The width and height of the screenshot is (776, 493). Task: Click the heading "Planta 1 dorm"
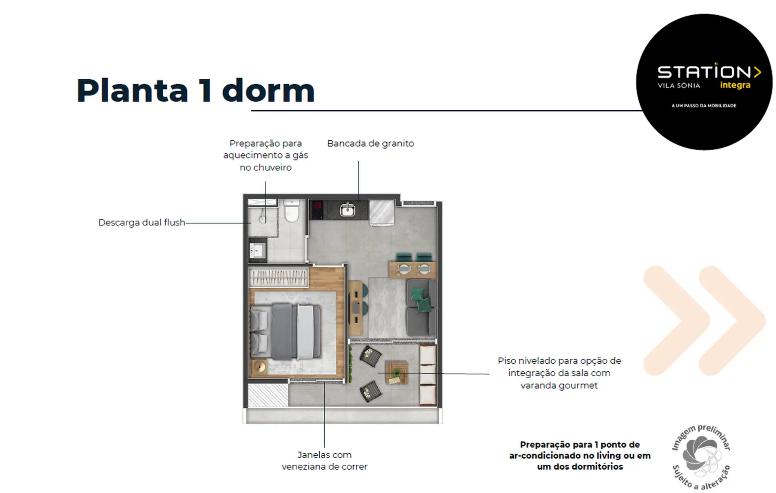pyautogui.click(x=196, y=91)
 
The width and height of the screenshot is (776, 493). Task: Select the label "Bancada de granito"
pyautogui.click(x=371, y=143)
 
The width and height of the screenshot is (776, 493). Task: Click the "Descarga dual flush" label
pyautogui.click(x=141, y=222)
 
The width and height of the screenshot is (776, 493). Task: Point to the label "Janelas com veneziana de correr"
pyautogui.click(x=325, y=461)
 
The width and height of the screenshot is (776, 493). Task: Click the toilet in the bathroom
pyautogui.click(x=291, y=211)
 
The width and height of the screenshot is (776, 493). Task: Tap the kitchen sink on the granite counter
pyautogui.click(x=348, y=209)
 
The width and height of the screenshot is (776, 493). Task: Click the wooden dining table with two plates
pyautogui.click(x=412, y=270)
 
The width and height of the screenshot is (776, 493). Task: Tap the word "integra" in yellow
pyautogui.click(x=735, y=85)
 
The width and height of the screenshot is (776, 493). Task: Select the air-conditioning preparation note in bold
pyautogui.click(x=580, y=455)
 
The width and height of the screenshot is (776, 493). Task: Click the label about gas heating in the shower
pyautogui.click(x=266, y=155)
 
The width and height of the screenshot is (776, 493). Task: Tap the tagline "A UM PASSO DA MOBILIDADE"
pyautogui.click(x=704, y=105)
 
